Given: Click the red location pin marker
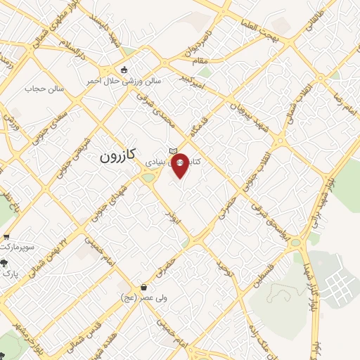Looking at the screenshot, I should tap(180, 166).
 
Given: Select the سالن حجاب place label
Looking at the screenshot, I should tap(44, 89).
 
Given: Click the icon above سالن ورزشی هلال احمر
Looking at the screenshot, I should tap(124, 70).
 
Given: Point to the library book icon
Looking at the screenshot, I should tap(172, 151).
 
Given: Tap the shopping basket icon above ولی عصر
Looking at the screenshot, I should tap(145, 287).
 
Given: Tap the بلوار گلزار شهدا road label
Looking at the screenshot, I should tap(314, 284).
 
